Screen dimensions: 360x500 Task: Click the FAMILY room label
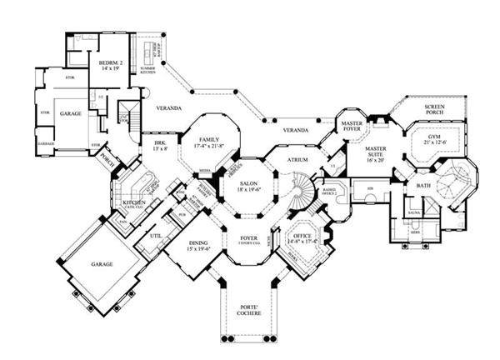coord(209,140)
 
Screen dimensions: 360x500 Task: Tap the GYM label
coord(433,137)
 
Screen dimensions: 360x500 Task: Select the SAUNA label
coord(412,213)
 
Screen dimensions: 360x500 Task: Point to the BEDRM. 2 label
coord(112,62)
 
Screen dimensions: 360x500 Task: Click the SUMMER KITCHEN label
coord(147,72)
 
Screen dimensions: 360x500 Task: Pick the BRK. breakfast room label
coord(160,144)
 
